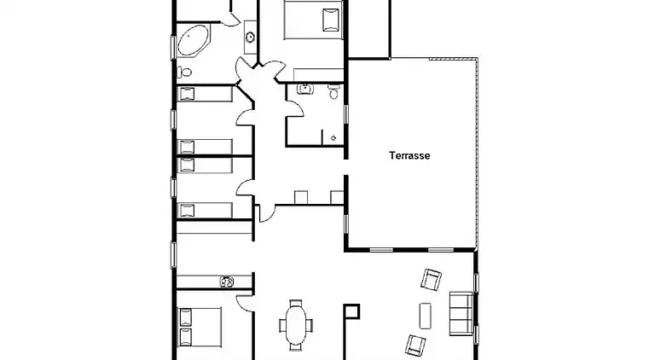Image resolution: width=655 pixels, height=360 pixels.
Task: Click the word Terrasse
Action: [409, 155]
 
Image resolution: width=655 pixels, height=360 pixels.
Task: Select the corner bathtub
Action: [193, 40]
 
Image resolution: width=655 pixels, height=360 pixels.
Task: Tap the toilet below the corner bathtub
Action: [184, 73]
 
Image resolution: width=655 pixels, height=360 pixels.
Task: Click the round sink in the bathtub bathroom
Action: [250, 38]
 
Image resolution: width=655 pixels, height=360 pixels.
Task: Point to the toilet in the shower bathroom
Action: [333, 91]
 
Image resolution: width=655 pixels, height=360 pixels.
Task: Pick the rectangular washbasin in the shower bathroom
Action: [305, 89]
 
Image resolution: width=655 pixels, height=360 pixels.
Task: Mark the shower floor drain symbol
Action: [333, 138]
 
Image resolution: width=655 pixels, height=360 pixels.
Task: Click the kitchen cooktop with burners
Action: [226, 282]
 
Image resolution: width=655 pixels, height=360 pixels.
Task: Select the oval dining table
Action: [296, 324]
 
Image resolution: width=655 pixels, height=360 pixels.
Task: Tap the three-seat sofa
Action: [461, 313]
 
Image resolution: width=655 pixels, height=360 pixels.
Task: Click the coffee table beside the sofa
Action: [426, 316]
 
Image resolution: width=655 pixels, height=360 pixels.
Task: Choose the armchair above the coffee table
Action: [431, 280]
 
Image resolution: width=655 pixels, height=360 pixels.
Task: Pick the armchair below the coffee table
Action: [415, 345]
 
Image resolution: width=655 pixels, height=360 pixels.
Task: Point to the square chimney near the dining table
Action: [351, 311]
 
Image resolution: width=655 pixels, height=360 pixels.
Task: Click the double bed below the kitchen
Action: [200, 327]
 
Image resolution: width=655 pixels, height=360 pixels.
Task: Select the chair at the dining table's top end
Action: [296, 303]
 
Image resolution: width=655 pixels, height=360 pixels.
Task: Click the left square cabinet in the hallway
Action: [301, 197]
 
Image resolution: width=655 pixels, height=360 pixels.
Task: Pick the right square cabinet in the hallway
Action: [337, 197]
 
